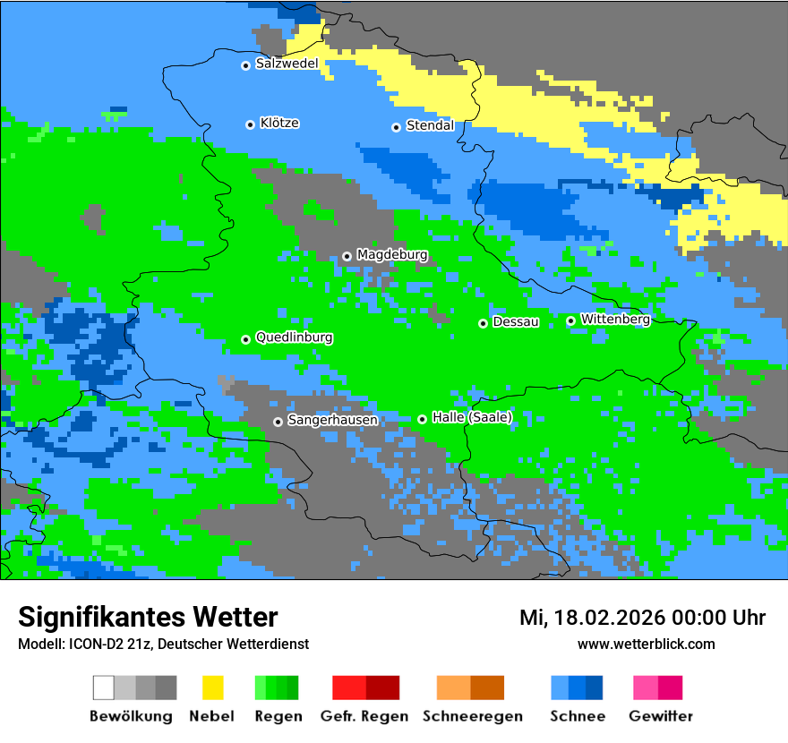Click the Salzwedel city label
(x=287, y=64)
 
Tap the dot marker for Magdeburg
(x=347, y=256)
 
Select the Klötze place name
(x=279, y=124)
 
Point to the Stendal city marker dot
(x=396, y=127)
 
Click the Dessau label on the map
(x=516, y=322)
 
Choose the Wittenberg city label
(x=615, y=320)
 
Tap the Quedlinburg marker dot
(x=245, y=339)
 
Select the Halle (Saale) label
(x=472, y=418)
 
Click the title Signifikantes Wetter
(x=148, y=618)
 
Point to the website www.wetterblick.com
(x=646, y=645)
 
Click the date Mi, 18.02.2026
(x=599, y=618)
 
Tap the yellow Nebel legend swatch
(x=212, y=687)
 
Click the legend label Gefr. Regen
(x=364, y=716)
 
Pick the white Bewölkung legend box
(x=104, y=687)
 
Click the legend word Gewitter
(x=661, y=716)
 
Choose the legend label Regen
(x=277, y=716)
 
